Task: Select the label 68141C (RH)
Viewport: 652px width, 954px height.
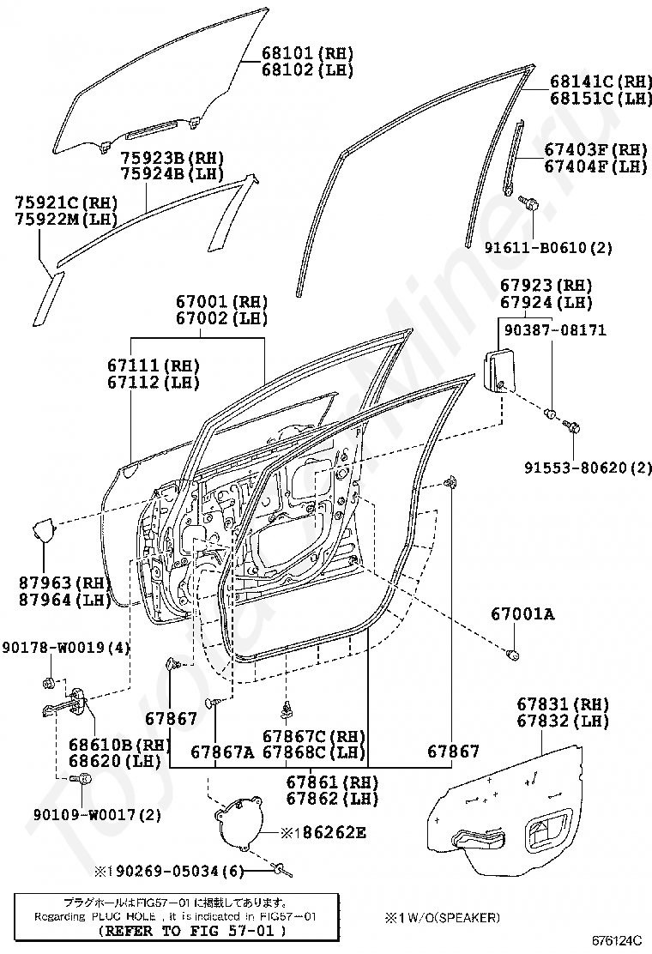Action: (x=598, y=82)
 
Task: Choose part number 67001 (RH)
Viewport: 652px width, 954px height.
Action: (x=222, y=302)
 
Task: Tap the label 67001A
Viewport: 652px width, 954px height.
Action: (x=522, y=613)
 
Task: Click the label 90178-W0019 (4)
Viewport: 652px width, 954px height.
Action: (x=65, y=647)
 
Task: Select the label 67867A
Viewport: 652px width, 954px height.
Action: (x=222, y=752)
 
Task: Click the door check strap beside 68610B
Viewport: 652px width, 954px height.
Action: (x=70, y=703)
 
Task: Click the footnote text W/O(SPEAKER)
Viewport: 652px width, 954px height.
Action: (x=448, y=917)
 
